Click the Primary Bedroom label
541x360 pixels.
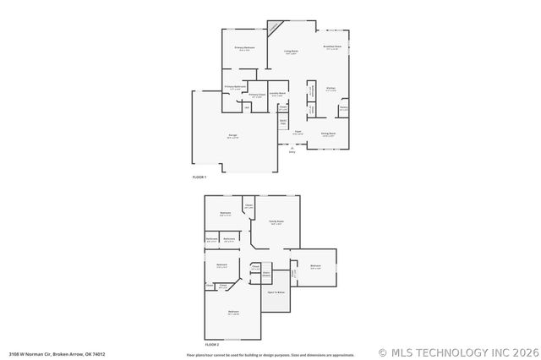coord(245,47)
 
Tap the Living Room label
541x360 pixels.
coord(291,51)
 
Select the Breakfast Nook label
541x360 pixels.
coord(332,46)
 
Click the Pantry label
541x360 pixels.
coord(344,107)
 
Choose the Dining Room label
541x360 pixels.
coord(328,133)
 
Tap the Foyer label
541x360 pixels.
coord(298,131)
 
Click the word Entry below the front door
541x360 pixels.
coord(292,152)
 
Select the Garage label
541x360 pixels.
coord(232,135)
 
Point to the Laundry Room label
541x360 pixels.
coord(276,93)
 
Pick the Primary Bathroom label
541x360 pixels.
coord(235,87)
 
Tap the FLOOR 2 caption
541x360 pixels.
coord(212,345)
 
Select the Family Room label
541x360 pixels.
coord(276,221)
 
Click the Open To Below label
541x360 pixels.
coord(276,292)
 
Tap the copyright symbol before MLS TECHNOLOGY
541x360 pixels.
coord(384,352)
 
